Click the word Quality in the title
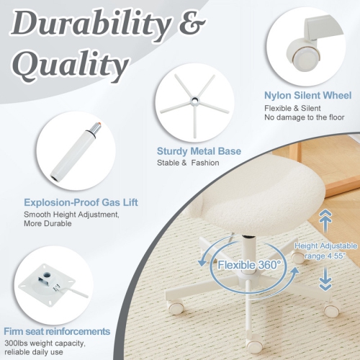pyautogui.click(x=71, y=66)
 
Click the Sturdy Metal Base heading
pyautogui.click(x=199, y=151)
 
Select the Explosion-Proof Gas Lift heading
pyautogui.click(x=80, y=202)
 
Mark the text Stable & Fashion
pyautogui.click(x=188, y=163)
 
